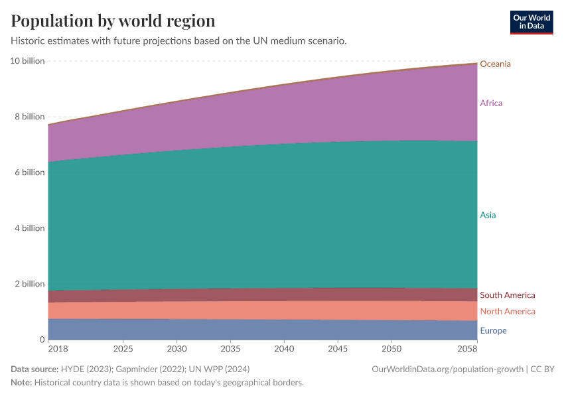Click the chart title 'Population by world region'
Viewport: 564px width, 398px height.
113,21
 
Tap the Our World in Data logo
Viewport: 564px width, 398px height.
531,23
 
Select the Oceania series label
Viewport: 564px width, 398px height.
495,64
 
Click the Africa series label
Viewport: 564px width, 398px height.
491,103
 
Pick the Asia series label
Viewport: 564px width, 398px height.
488,215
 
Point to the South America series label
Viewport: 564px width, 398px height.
507,295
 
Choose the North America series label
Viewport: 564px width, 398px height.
507,311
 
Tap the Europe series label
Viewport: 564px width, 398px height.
493,330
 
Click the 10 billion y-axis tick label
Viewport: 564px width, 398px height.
27,61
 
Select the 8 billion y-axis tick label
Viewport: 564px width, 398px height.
30,117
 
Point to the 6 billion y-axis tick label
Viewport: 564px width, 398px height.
30,172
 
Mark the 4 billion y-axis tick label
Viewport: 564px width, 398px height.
30,228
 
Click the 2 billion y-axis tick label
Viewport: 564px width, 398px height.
30,284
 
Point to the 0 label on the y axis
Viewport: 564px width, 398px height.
41,340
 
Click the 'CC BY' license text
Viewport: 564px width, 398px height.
543,369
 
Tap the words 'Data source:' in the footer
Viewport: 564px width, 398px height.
34,369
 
